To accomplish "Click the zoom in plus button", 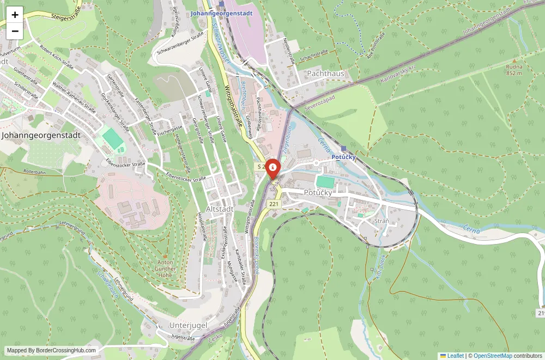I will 15,15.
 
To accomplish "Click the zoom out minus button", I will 15,31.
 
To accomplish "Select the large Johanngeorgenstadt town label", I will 41,135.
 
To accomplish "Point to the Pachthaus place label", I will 325,73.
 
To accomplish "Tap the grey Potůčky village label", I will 318,192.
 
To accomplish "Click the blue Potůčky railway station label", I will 343,157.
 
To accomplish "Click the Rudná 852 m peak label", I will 513,70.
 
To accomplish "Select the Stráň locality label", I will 382,221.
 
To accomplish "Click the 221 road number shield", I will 274,204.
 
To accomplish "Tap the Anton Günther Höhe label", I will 165,269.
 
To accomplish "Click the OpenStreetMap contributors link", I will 493,356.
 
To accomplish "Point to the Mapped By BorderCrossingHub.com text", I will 52,350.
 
